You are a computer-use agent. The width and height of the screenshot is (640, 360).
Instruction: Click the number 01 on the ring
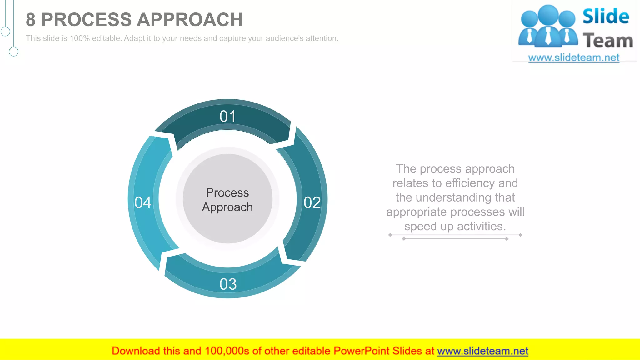pyautogui.click(x=227, y=117)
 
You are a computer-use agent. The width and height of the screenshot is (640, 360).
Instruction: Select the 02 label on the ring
pyautogui.click(x=312, y=203)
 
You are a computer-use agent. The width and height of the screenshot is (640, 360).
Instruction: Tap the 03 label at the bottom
pyautogui.click(x=228, y=284)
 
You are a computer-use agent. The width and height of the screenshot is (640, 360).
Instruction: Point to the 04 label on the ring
pyautogui.click(x=143, y=202)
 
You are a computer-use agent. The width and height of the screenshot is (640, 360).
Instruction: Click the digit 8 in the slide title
pyautogui.click(x=30, y=20)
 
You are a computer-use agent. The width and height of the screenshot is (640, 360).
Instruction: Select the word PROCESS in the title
pyautogui.click(x=86, y=20)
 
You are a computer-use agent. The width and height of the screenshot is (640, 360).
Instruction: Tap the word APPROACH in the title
pyautogui.click(x=190, y=20)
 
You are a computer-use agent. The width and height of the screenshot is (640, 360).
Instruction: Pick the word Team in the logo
pyautogui.click(x=608, y=41)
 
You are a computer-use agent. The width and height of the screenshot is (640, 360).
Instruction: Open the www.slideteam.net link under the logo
pyautogui.click(x=574, y=57)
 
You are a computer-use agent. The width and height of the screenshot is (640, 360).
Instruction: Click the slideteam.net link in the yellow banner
pyautogui.click(x=482, y=351)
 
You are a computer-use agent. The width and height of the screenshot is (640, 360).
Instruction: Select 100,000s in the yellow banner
pyautogui.click(x=227, y=351)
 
